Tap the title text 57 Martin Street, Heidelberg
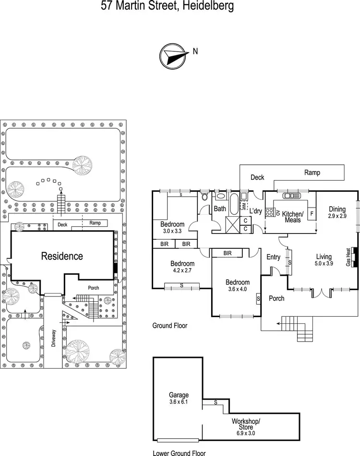168,6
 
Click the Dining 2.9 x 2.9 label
337,212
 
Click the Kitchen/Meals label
292,217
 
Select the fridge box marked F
312,213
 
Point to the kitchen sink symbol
289,196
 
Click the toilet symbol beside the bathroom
205,196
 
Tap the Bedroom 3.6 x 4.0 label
238,285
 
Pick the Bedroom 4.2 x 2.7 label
182,267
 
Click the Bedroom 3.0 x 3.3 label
172,227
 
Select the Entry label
273,257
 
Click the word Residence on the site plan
62,256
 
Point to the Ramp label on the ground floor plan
312,173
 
